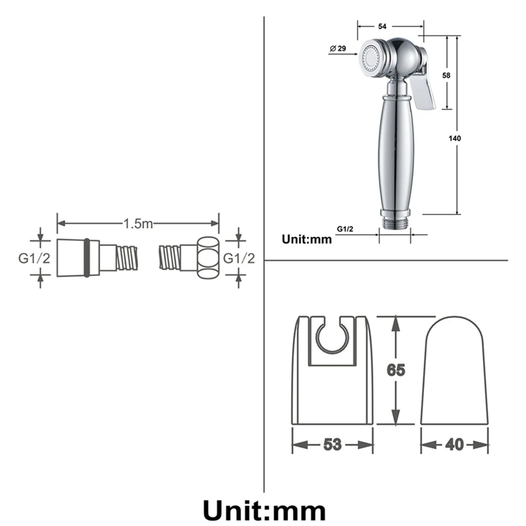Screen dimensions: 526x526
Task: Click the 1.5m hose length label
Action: (x=138, y=224)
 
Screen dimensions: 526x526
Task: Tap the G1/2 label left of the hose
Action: (x=34, y=258)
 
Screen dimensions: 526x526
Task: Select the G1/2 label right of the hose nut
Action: (x=239, y=258)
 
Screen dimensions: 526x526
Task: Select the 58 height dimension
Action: (x=446, y=76)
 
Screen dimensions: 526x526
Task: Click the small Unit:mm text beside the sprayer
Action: (x=306, y=239)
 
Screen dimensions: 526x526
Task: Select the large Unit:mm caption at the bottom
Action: (x=263, y=510)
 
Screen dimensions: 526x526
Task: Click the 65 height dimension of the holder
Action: (x=395, y=370)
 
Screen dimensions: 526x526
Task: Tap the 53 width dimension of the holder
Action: (x=333, y=444)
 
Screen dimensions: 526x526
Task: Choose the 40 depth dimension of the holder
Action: (x=454, y=444)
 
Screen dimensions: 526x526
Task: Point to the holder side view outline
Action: (x=454, y=371)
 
